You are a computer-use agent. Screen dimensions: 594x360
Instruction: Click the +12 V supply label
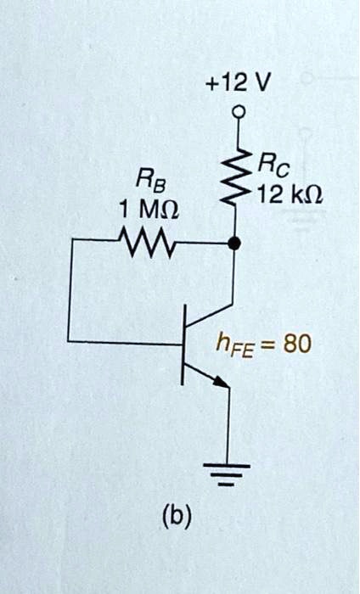(x=238, y=82)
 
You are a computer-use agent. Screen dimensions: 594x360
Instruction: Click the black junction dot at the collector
(x=235, y=244)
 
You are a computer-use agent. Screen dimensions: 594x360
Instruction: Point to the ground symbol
(x=227, y=474)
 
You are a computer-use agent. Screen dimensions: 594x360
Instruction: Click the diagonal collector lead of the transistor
(x=210, y=317)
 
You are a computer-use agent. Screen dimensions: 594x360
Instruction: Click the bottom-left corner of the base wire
(x=70, y=343)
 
